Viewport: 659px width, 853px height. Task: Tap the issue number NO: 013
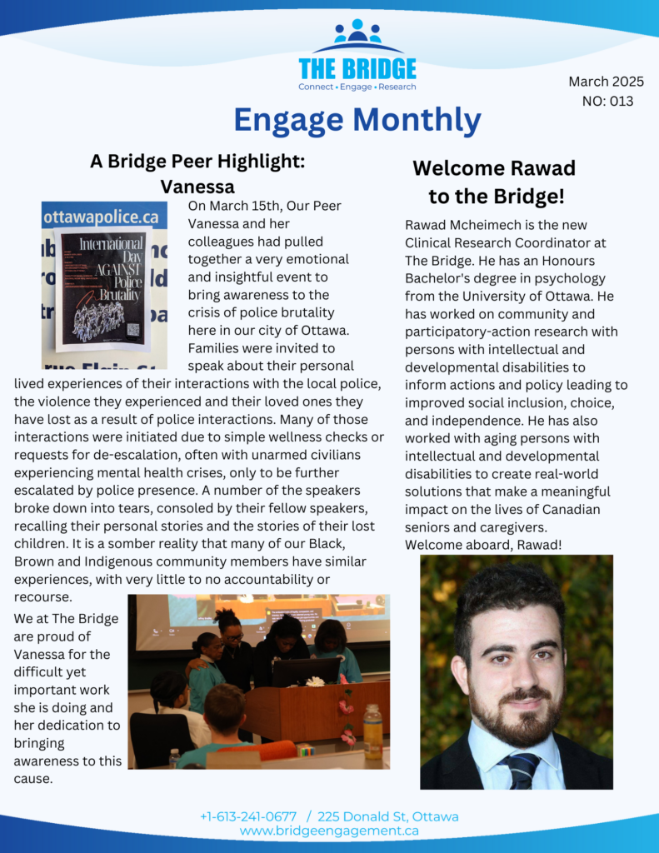click(x=607, y=101)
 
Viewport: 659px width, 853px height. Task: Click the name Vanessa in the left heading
click(x=197, y=186)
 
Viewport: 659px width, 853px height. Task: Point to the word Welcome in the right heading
click(x=455, y=168)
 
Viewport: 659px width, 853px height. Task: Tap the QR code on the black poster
click(x=133, y=328)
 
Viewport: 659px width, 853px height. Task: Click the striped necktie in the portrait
click(x=521, y=769)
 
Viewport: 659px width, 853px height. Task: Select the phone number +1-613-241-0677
click(x=248, y=816)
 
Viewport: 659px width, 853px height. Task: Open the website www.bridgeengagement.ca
click(x=329, y=831)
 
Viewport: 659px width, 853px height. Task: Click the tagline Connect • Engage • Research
click(x=357, y=87)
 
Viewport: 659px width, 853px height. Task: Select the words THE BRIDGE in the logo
click(x=357, y=68)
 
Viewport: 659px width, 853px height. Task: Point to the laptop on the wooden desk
click(x=306, y=671)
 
